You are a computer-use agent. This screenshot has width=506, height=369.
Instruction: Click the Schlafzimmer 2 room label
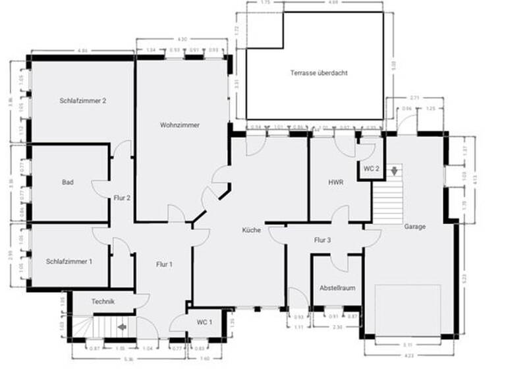[83, 101]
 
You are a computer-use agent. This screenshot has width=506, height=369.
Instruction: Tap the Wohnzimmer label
[179, 125]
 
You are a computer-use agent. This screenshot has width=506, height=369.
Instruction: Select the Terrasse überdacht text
[319, 72]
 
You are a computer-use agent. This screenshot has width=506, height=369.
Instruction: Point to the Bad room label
[67, 183]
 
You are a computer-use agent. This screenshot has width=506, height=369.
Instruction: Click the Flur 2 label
[122, 198]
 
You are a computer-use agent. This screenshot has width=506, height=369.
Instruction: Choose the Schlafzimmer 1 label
[69, 262]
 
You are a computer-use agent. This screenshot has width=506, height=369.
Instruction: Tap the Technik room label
[103, 302]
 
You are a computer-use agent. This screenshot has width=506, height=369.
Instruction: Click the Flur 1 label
[163, 265]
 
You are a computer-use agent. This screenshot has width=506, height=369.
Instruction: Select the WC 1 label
[204, 322]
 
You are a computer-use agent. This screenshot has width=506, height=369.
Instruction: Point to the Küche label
[251, 230]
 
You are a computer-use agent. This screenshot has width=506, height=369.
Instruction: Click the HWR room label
[337, 183]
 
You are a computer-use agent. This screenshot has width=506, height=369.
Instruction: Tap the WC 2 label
[371, 169]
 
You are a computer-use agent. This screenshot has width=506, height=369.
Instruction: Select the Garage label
[415, 227]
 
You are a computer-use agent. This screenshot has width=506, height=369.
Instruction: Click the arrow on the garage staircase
[394, 171]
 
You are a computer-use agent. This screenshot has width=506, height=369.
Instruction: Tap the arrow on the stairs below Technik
[122, 326]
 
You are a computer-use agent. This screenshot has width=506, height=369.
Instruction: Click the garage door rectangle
[407, 309]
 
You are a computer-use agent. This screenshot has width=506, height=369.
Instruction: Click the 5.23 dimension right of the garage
[465, 278]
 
